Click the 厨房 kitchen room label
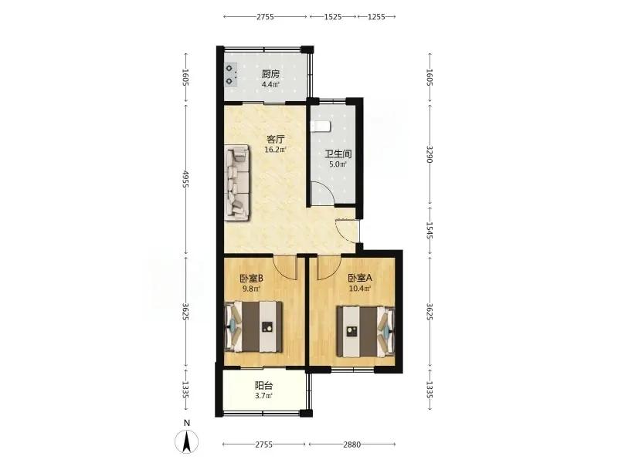[271, 74]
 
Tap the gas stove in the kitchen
[231, 75]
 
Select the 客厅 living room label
[276, 140]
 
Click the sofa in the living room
[237, 182]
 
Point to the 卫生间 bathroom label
[338, 154]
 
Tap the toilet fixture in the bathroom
[320, 126]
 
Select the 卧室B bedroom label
[252, 279]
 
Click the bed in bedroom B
[254, 326]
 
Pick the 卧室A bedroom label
[360, 279]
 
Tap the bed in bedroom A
[365, 332]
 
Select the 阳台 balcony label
[264, 387]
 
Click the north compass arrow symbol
[187, 441]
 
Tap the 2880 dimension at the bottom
[352, 444]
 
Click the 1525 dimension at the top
[333, 17]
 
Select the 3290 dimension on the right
[430, 154]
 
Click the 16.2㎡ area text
[276, 150]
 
